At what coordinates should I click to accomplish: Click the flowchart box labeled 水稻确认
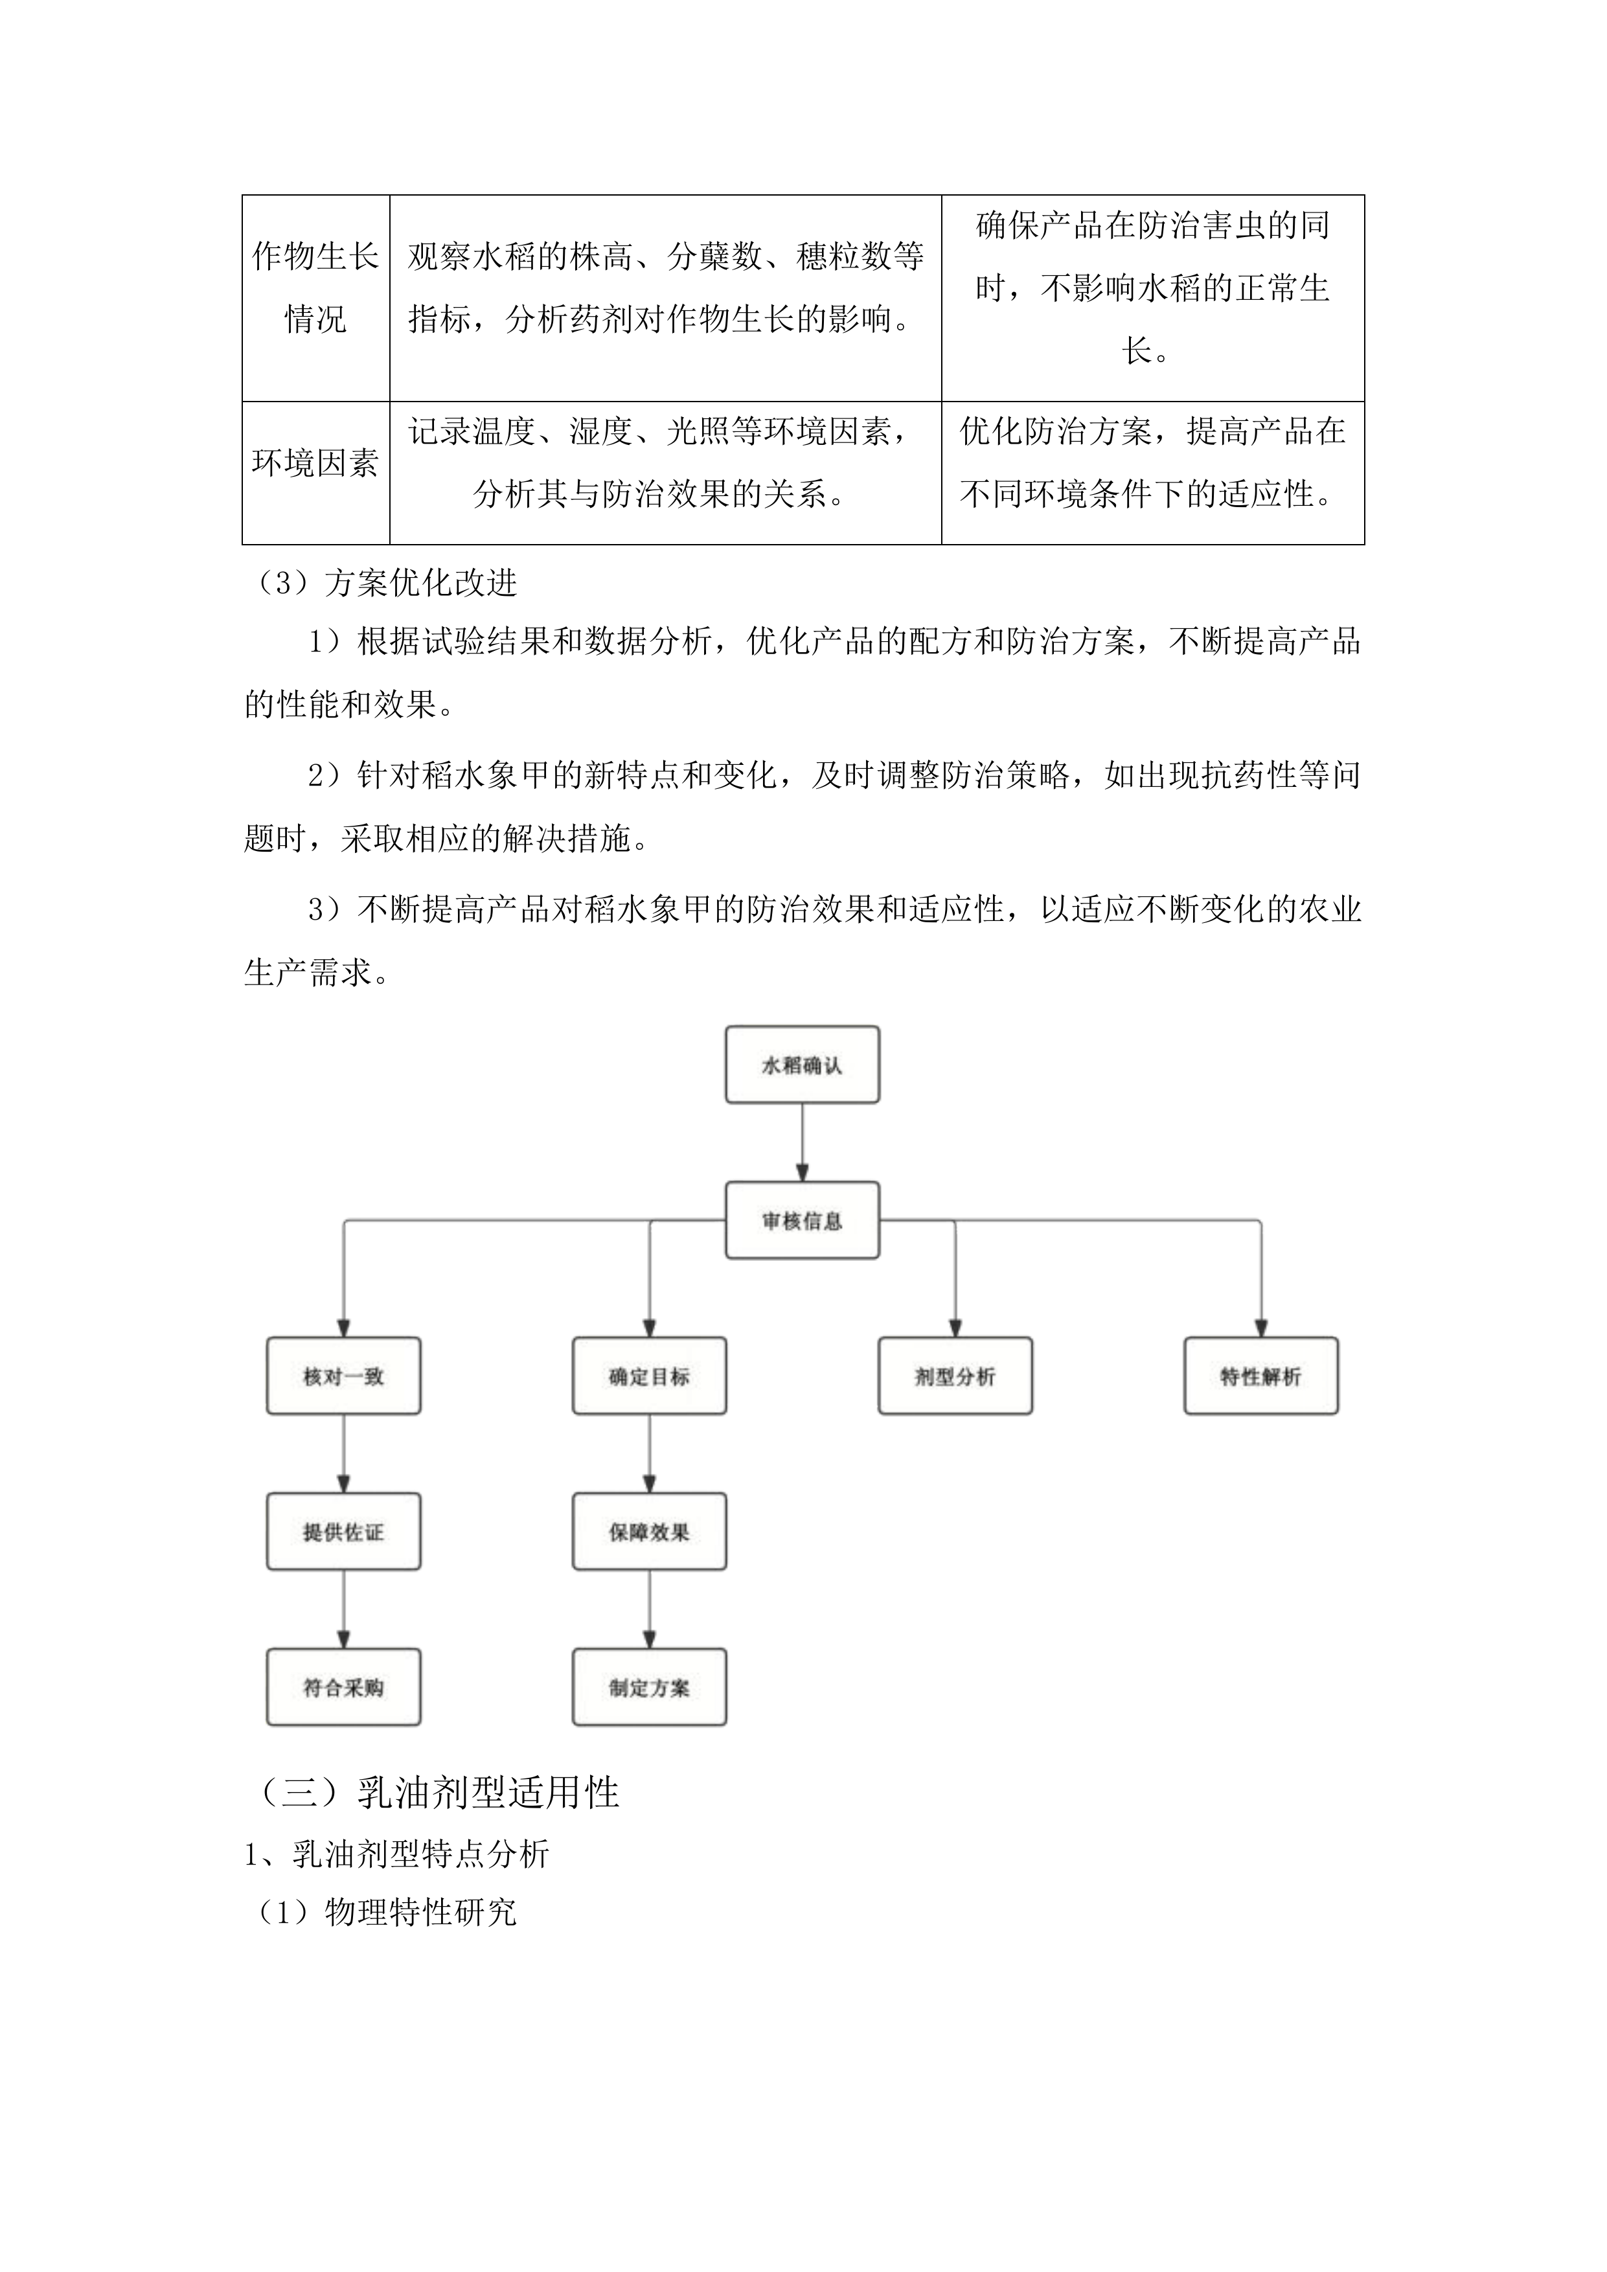point(801,1065)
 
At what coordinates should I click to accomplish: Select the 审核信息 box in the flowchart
point(801,1220)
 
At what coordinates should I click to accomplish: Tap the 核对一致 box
point(343,1376)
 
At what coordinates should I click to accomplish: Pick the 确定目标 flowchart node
point(649,1376)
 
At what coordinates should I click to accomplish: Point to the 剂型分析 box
point(955,1376)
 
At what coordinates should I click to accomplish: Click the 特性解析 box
point(1260,1376)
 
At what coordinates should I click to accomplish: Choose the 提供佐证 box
point(343,1532)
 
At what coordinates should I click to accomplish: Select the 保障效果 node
point(649,1532)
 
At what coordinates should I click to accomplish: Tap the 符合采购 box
point(343,1687)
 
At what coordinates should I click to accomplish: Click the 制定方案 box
point(649,1687)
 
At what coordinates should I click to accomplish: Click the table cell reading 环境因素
point(315,463)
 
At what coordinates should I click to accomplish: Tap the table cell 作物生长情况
point(315,287)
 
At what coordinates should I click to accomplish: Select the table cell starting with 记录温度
point(665,463)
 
